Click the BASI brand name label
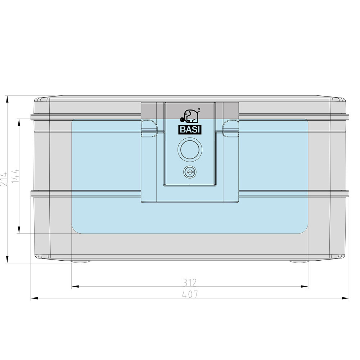click(190, 130)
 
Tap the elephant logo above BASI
click(190, 116)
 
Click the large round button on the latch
click(190, 149)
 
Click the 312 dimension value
click(190, 283)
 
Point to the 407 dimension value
click(190, 294)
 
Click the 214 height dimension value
click(4, 179)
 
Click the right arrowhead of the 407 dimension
click(345, 298)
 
